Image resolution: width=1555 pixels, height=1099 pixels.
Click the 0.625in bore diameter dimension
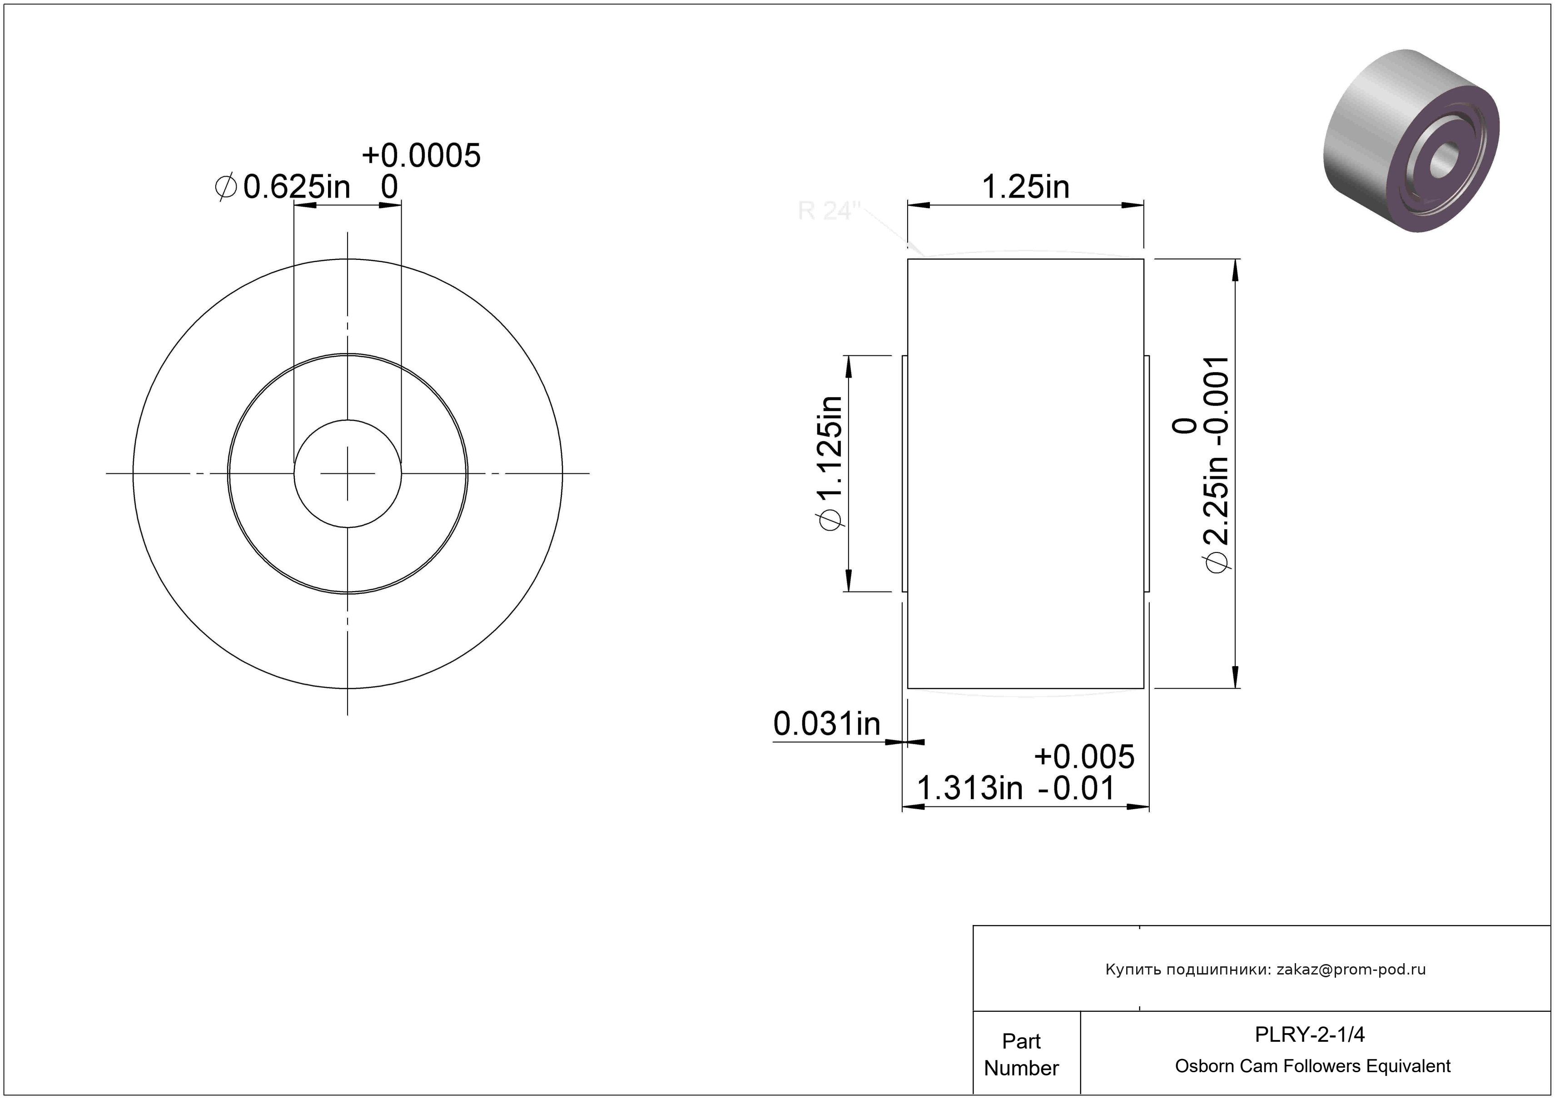click(297, 187)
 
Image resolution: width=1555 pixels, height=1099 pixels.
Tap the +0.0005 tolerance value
click(421, 156)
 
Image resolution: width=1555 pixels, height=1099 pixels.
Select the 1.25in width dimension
click(1025, 187)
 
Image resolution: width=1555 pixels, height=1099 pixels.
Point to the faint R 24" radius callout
click(828, 211)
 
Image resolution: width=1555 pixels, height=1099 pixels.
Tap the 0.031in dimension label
click(827, 724)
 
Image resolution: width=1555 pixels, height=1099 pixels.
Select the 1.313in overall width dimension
click(969, 788)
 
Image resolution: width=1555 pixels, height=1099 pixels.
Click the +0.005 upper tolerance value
click(1084, 756)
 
